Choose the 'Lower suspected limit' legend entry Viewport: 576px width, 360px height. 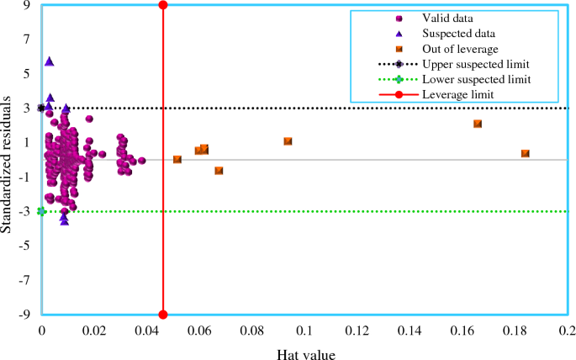(476, 79)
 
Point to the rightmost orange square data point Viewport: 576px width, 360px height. (526, 154)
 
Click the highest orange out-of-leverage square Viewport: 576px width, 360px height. (478, 124)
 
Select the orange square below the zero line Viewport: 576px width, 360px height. (219, 171)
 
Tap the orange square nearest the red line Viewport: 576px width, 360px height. (177, 159)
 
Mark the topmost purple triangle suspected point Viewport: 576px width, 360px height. (50, 61)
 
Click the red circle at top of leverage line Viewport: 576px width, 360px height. (163, 5)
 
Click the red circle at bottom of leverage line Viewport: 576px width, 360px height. (163, 315)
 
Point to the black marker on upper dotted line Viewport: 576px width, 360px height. (41, 108)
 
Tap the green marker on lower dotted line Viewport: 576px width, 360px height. (41, 211)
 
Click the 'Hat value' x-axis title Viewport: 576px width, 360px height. (306, 354)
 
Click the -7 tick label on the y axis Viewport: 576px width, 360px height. (26, 280)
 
